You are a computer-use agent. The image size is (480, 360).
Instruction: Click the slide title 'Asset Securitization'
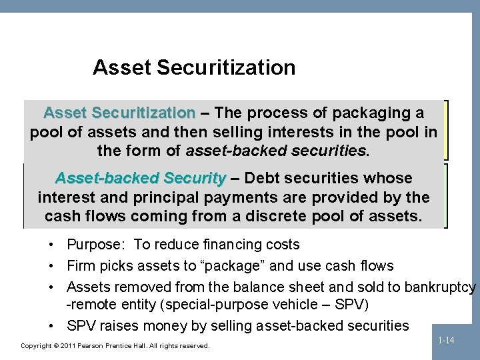tap(194, 67)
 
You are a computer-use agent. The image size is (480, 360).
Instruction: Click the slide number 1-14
tap(446, 340)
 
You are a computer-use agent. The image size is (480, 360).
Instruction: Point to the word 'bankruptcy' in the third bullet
tap(441, 287)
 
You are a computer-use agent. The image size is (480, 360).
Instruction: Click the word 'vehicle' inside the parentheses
tap(296, 305)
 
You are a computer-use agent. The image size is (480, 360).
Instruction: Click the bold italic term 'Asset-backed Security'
tap(140, 179)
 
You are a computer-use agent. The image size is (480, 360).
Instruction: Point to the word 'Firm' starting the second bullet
tap(81, 266)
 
